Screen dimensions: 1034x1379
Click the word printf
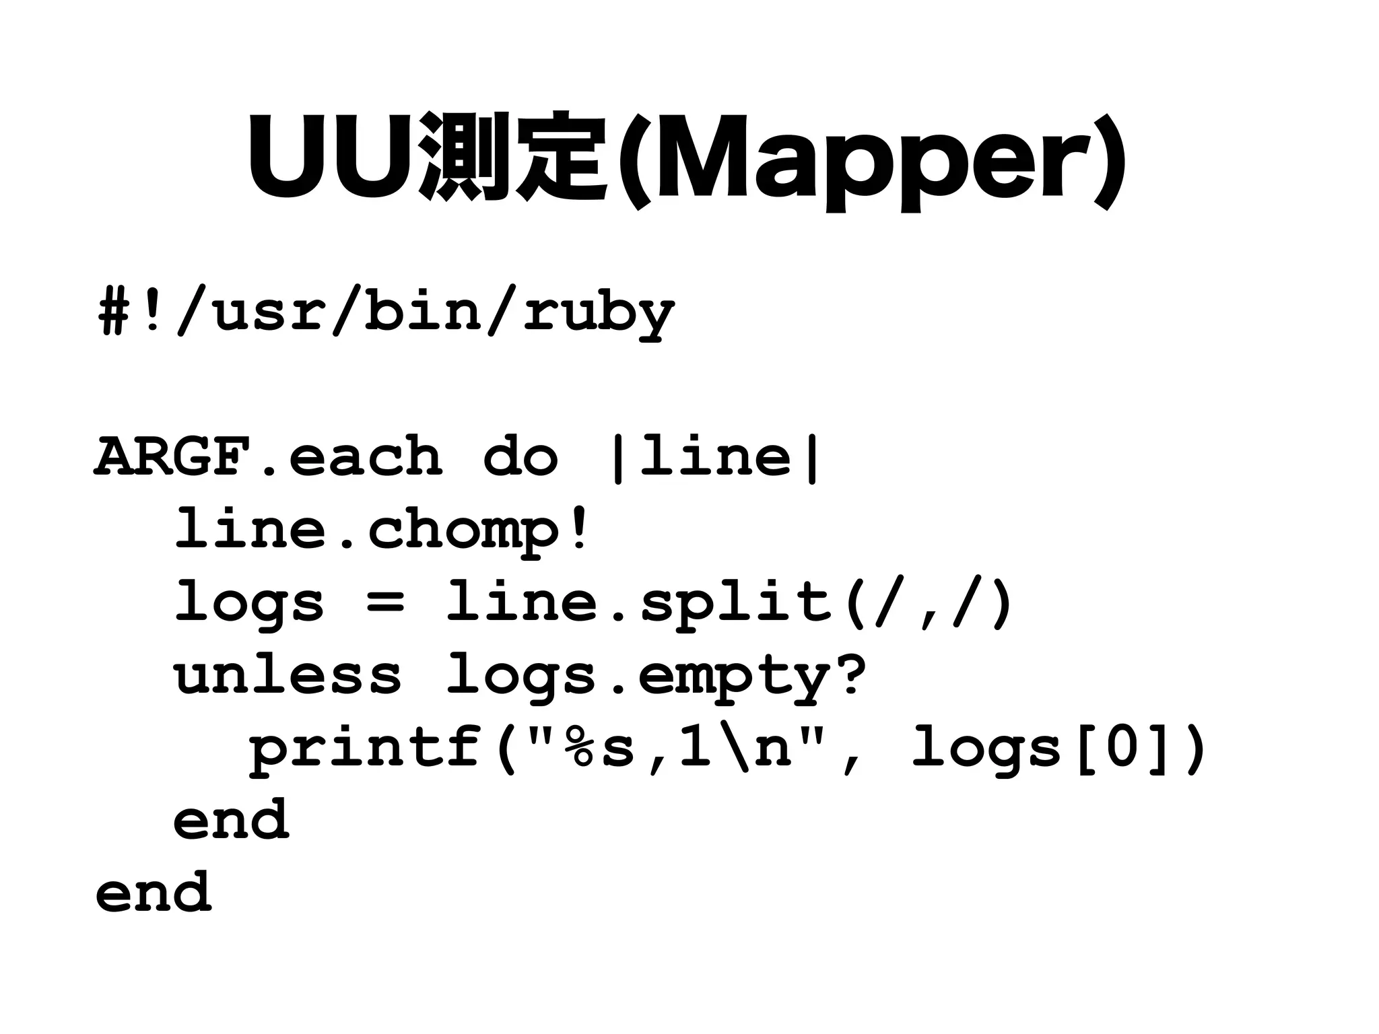tap(367, 749)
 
